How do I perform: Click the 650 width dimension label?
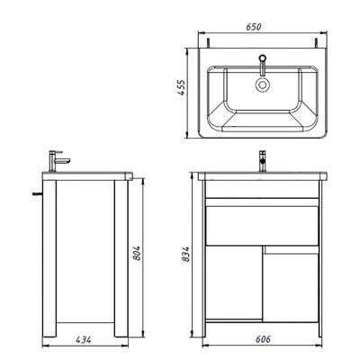pyautogui.click(x=254, y=27)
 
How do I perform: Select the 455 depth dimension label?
pyautogui.click(x=181, y=87)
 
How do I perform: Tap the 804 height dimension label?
pyautogui.click(x=136, y=253)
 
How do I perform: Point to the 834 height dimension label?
pyautogui.click(x=186, y=254)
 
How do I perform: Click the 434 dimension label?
pyautogui.click(x=84, y=339)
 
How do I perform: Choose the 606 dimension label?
pyautogui.click(x=263, y=339)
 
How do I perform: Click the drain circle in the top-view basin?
pyautogui.click(x=263, y=85)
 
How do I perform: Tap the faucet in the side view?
pyautogui.click(x=58, y=161)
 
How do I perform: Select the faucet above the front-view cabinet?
pyautogui.click(x=263, y=161)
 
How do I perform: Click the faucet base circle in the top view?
pyautogui.click(x=263, y=58)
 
